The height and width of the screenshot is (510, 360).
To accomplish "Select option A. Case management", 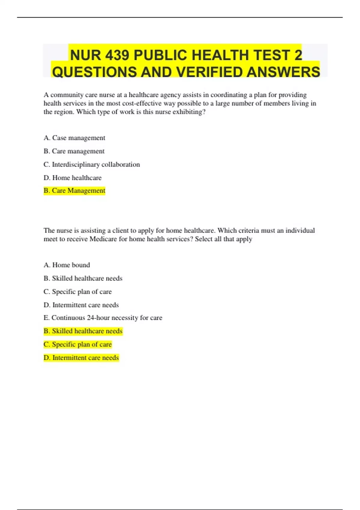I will pyautogui.click(x=74, y=138).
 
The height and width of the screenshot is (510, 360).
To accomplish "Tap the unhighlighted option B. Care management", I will pyautogui.click(x=74, y=151).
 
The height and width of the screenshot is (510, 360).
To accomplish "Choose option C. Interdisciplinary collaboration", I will pyautogui.click(x=92, y=164).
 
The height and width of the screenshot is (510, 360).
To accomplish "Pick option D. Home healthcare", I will pyautogui.click(x=73, y=178).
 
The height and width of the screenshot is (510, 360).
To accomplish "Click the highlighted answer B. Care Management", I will pyautogui.click(x=74, y=190).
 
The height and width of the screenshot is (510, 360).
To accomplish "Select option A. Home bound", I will pyautogui.click(x=67, y=265).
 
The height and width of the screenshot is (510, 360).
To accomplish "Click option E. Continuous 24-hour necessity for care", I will pyautogui.click(x=103, y=318).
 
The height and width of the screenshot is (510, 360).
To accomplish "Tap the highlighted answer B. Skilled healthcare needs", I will pyautogui.click(x=83, y=331).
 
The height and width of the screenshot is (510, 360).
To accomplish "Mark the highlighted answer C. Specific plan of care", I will pyautogui.click(x=78, y=344).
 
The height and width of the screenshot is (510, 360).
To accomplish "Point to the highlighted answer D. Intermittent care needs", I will pyautogui.click(x=81, y=358).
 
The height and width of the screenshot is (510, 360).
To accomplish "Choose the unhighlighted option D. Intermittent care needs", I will pyautogui.click(x=81, y=305).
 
